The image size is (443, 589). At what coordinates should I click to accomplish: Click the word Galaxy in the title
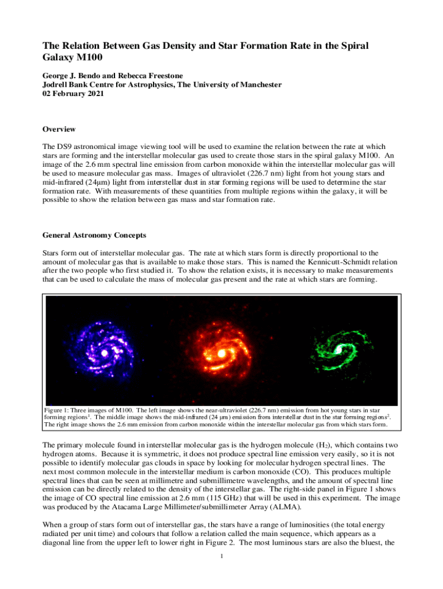60,58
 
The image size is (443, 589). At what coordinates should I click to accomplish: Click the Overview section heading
59,129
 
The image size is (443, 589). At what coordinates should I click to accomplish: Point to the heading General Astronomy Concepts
94,235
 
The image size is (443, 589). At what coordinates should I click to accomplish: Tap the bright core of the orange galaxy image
221,352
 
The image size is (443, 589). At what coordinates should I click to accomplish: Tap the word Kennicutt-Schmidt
325,262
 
